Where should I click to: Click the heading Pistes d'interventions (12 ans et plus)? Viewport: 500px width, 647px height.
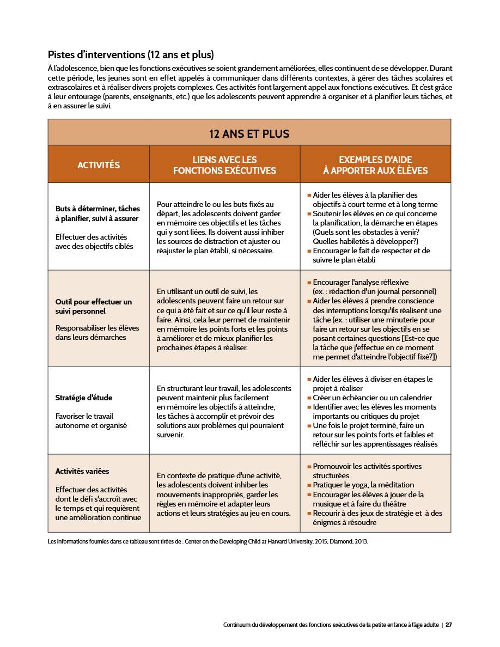(131, 55)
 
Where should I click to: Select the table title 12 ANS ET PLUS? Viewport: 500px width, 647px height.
(249, 133)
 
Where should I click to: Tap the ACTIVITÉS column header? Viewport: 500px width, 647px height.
(99, 165)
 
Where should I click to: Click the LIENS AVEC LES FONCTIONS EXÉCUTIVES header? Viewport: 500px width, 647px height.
(224, 165)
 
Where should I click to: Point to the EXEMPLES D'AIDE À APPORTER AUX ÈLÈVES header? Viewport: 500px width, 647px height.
(375, 165)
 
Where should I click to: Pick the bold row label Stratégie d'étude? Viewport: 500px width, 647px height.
(84, 398)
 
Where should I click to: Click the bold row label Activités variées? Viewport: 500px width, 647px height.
(82, 471)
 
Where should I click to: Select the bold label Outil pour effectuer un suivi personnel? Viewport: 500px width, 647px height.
(93, 307)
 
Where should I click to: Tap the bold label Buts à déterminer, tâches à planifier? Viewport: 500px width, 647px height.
(97, 213)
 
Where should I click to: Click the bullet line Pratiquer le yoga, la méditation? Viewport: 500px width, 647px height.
(363, 485)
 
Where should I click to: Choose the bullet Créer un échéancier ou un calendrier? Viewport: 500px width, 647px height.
(372, 398)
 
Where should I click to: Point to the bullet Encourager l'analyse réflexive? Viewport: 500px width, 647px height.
(361, 282)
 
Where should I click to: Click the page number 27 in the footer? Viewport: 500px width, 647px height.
(449, 625)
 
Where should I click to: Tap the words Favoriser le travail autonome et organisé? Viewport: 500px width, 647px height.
(91, 421)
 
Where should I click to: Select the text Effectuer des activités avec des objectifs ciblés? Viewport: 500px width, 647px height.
(91, 241)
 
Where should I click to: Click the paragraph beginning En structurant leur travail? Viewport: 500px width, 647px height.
(224, 412)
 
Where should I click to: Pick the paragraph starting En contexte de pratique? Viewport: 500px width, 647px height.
(223, 494)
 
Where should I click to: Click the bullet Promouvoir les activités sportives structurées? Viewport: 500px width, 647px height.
(367, 471)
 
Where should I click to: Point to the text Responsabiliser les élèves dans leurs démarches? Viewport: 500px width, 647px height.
(97, 332)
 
